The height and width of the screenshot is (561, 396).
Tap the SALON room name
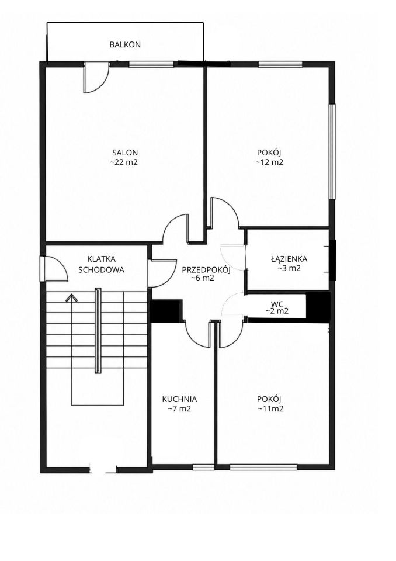click(125, 153)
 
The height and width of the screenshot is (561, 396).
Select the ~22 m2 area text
click(124, 162)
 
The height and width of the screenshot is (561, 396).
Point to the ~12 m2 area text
click(269, 162)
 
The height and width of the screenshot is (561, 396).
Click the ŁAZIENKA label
click(289, 258)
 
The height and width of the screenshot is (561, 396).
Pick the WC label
click(277, 304)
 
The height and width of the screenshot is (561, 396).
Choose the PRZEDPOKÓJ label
click(206, 270)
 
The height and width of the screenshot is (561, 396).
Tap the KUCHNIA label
click(179, 399)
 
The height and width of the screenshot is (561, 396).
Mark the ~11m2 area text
click(270, 408)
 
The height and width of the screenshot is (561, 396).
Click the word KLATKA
click(102, 259)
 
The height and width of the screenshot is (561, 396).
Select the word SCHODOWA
click(102, 270)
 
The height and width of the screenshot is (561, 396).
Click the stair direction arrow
click(71, 297)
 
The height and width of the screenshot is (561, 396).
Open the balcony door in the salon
click(96, 78)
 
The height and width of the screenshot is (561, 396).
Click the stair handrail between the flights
click(98, 331)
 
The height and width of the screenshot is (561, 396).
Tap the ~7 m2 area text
click(179, 408)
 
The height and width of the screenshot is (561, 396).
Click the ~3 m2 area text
click(289, 268)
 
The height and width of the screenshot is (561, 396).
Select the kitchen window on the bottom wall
click(203, 467)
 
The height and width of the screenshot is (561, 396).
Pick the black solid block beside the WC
click(318, 304)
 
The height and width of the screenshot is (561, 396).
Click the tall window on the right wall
click(332, 151)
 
